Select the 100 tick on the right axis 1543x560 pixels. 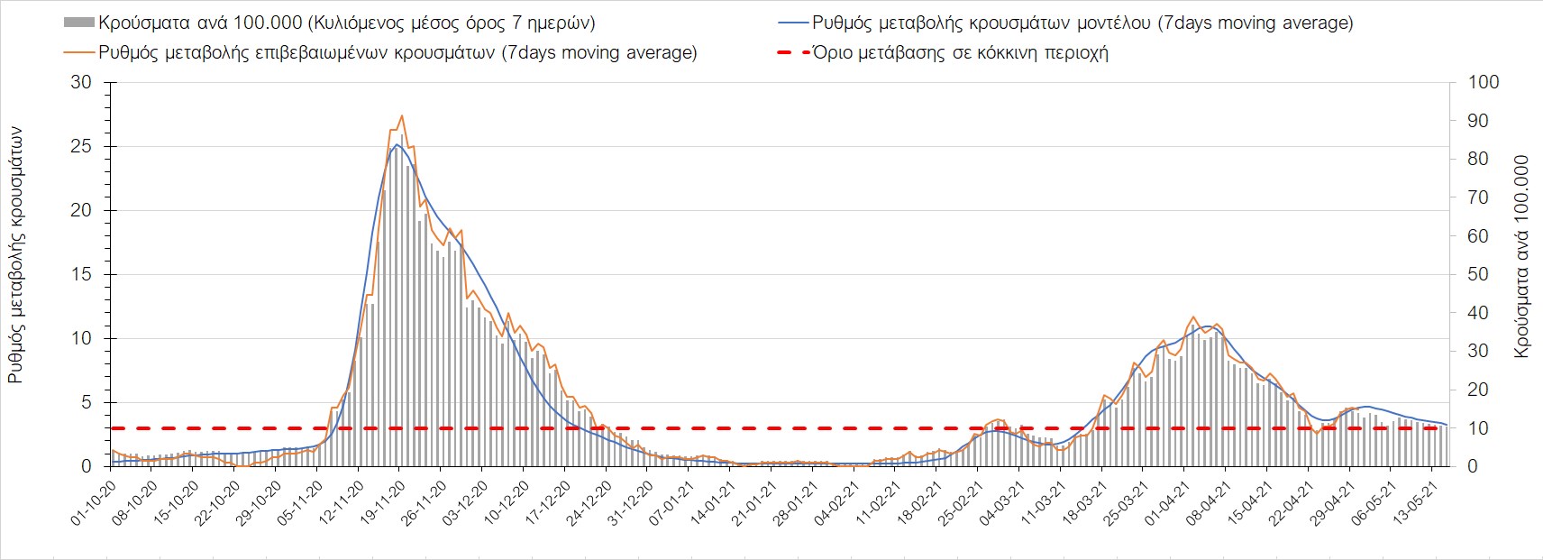pyautogui.click(x=1484, y=82)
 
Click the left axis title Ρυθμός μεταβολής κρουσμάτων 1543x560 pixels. pyautogui.click(x=16, y=255)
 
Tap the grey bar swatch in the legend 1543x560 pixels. pyautogui.click(x=78, y=23)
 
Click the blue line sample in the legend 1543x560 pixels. pyautogui.click(x=790, y=23)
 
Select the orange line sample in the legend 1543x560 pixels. pyautogui.click(x=78, y=52)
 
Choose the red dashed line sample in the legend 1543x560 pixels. pyautogui.click(x=790, y=52)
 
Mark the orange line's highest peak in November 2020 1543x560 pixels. pyautogui.click(x=401, y=115)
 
